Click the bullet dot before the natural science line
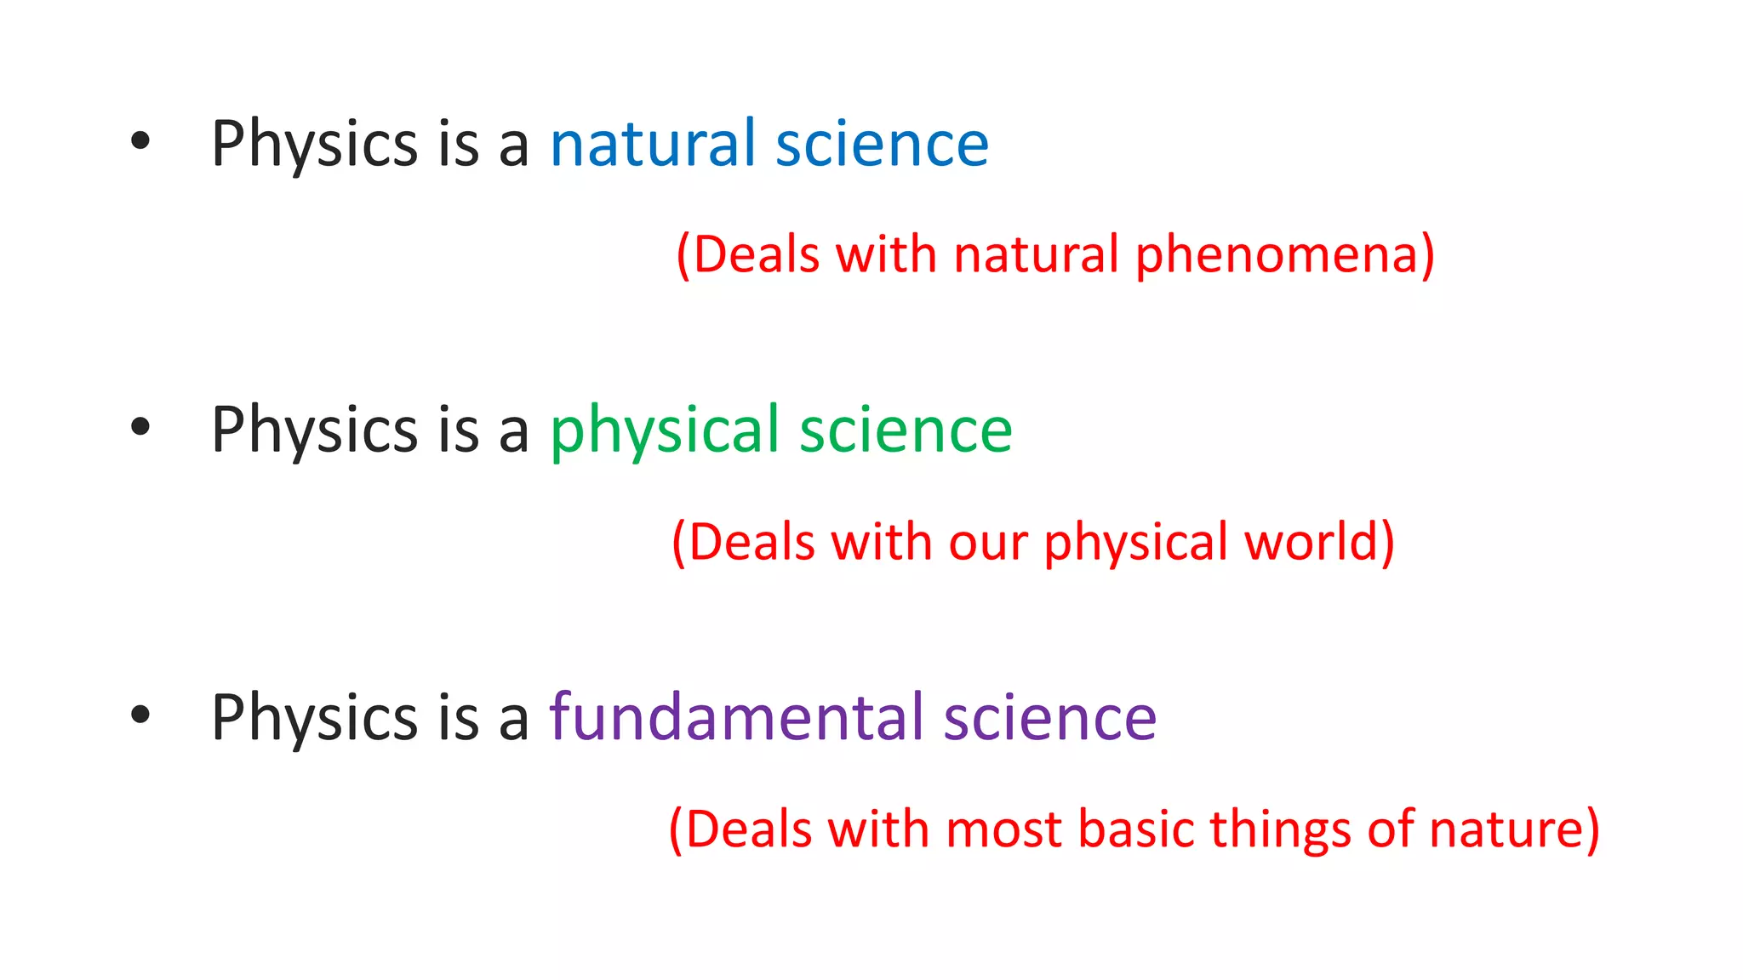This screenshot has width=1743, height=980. point(140,141)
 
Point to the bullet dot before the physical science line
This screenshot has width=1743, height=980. point(140,428)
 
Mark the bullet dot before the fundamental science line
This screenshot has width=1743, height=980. point(140,715)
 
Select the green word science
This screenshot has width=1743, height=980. point(906,430)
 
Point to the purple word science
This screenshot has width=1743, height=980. point(1049,717)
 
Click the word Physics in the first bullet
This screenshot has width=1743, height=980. point(314,145)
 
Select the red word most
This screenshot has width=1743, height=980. point(1003,829)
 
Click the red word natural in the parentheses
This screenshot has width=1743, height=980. point(1036,254)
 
